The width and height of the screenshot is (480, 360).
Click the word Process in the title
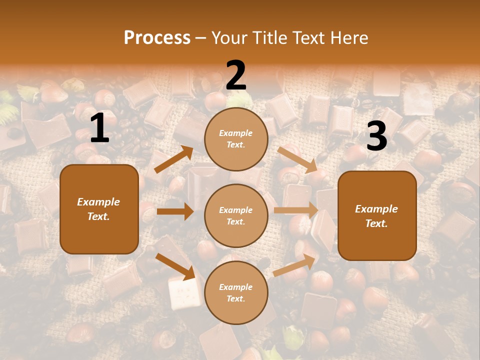click(x=157, y=37)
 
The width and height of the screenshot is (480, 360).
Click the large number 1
click(x=99, y=128)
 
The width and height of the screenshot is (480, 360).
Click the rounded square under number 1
click(x=99, y=209)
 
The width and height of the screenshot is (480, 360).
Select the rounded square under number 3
click(x=377, y=215)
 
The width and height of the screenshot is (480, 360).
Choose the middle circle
click(x=236, y=215)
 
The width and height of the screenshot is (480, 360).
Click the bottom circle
click(x=236, y=292)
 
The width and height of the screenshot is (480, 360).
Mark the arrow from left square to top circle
click(x=173, y=159)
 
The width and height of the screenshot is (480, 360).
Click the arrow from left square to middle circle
click(x=175, y=211)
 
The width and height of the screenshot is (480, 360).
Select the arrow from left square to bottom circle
click(x=175, y=266)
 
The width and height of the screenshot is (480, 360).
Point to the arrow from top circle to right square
click(x=297, y=159)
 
